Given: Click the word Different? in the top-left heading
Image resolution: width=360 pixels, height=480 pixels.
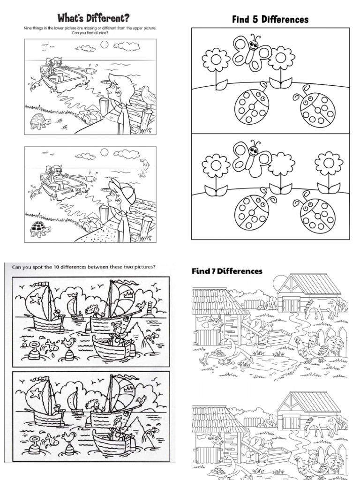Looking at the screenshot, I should point(105,18).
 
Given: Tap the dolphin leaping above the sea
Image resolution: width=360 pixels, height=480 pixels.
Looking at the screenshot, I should point(144,166).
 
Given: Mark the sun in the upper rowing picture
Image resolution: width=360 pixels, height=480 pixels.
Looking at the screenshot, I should point(104,45).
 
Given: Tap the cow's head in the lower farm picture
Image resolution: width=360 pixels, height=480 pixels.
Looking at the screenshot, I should point(216,439).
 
